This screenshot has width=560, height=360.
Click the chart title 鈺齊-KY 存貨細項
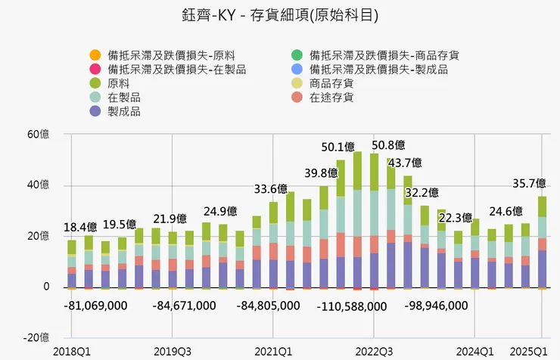(x=280, y=15)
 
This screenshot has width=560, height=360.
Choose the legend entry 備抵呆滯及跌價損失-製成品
(x=378, y=70)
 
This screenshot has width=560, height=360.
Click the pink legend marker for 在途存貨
(x=297, y=98)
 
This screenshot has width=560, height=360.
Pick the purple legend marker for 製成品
(x=95, y=112)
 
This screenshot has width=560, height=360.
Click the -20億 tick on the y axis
(x=36, y=337)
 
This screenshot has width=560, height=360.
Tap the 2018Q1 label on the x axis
(x=71, y=352)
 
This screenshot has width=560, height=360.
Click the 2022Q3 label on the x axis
(x=374, y=352)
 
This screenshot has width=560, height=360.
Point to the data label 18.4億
(x=79, y=226)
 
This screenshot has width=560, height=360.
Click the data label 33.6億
(x=270, y=188)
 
